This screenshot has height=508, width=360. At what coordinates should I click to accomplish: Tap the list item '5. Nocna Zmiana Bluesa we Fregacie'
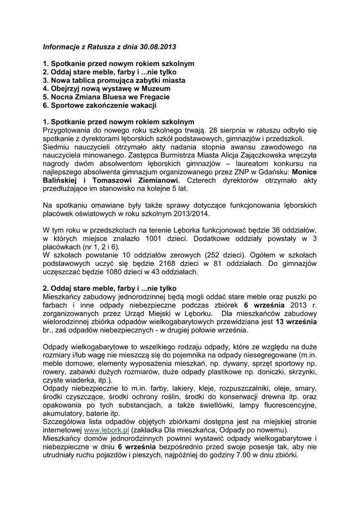106,97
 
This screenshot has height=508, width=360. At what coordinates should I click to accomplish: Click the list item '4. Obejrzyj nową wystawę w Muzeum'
107,88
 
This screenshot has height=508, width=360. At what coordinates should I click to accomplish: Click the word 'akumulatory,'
64,413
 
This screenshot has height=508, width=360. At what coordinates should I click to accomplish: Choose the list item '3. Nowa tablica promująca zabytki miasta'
114,80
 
